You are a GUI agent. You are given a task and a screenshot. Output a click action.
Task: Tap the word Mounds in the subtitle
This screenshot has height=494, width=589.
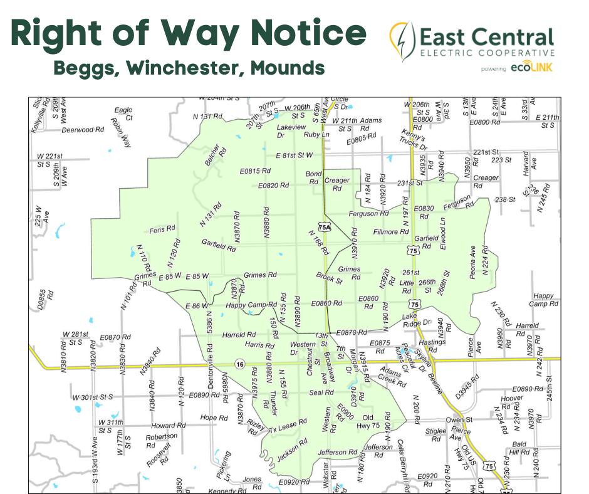287,67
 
